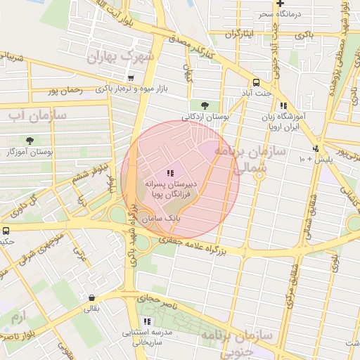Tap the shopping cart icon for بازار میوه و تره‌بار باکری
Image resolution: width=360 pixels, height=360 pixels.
pos(130,78)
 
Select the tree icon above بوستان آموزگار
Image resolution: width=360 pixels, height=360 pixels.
pos(30,141)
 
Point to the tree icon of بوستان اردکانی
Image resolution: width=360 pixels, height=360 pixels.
pos(205,105)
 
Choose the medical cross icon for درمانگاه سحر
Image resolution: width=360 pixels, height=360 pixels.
pos(280,4)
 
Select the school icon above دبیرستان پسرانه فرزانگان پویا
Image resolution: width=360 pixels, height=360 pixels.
pos(170,172)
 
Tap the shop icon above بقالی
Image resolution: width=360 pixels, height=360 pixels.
pos(92,298)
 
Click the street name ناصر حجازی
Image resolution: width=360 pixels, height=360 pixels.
pos(163,302)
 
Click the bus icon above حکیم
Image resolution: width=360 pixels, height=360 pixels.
pos(6,231)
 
